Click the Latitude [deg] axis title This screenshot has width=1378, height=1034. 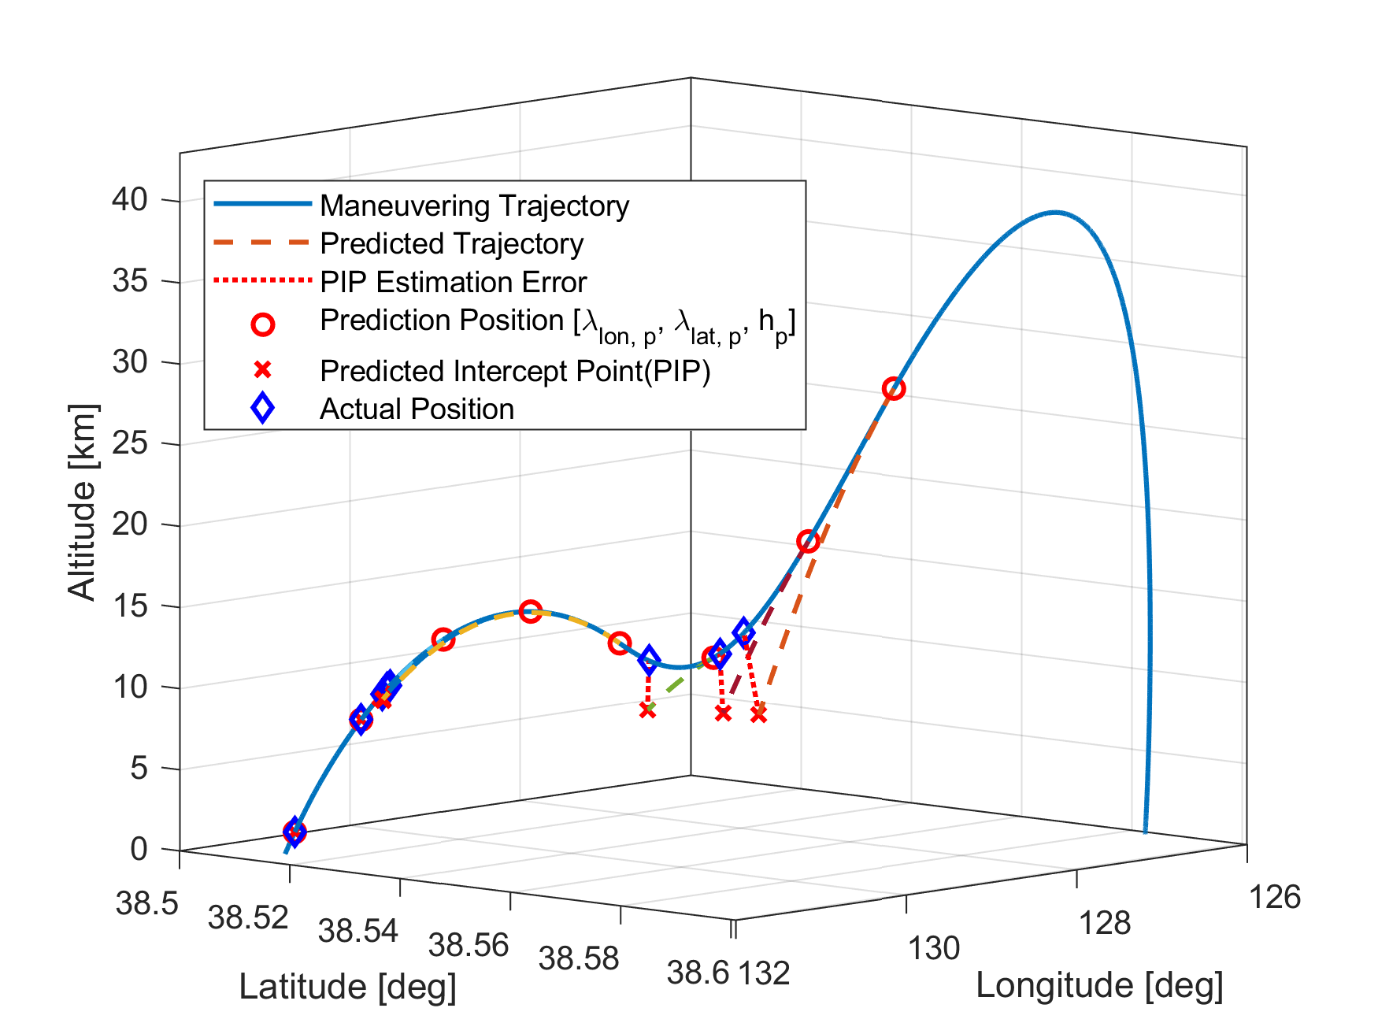tap(347, 987)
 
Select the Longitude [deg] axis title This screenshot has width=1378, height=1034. tap(1099, 985)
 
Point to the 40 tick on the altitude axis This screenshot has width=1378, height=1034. tap(130, 200)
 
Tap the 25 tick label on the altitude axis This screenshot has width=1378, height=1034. tap(130, 443)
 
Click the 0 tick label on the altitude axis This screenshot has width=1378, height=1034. tap(139, 849)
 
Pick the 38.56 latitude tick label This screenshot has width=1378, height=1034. tap(469, 945)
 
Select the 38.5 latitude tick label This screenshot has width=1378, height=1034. tap(147, 904)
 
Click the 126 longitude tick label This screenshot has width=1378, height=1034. tap(1275, 898)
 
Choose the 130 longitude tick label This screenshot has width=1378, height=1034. tap(934, 949)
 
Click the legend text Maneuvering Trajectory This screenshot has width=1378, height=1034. tap(474, 206)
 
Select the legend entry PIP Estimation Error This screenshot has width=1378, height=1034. tap(453, 282)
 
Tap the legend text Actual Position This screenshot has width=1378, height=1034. tap(417, 409)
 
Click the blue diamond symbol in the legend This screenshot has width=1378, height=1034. tap(262, 408)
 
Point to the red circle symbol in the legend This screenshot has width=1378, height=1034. tap(262, 324)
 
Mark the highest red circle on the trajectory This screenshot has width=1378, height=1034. tap(894, 388)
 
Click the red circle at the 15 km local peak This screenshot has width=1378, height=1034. tap(530, 612)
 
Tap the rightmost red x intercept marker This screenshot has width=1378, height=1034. tap(758, 714)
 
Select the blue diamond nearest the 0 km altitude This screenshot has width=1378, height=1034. tap(294, 831)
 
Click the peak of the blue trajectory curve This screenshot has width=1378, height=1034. tap(1055, 212)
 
